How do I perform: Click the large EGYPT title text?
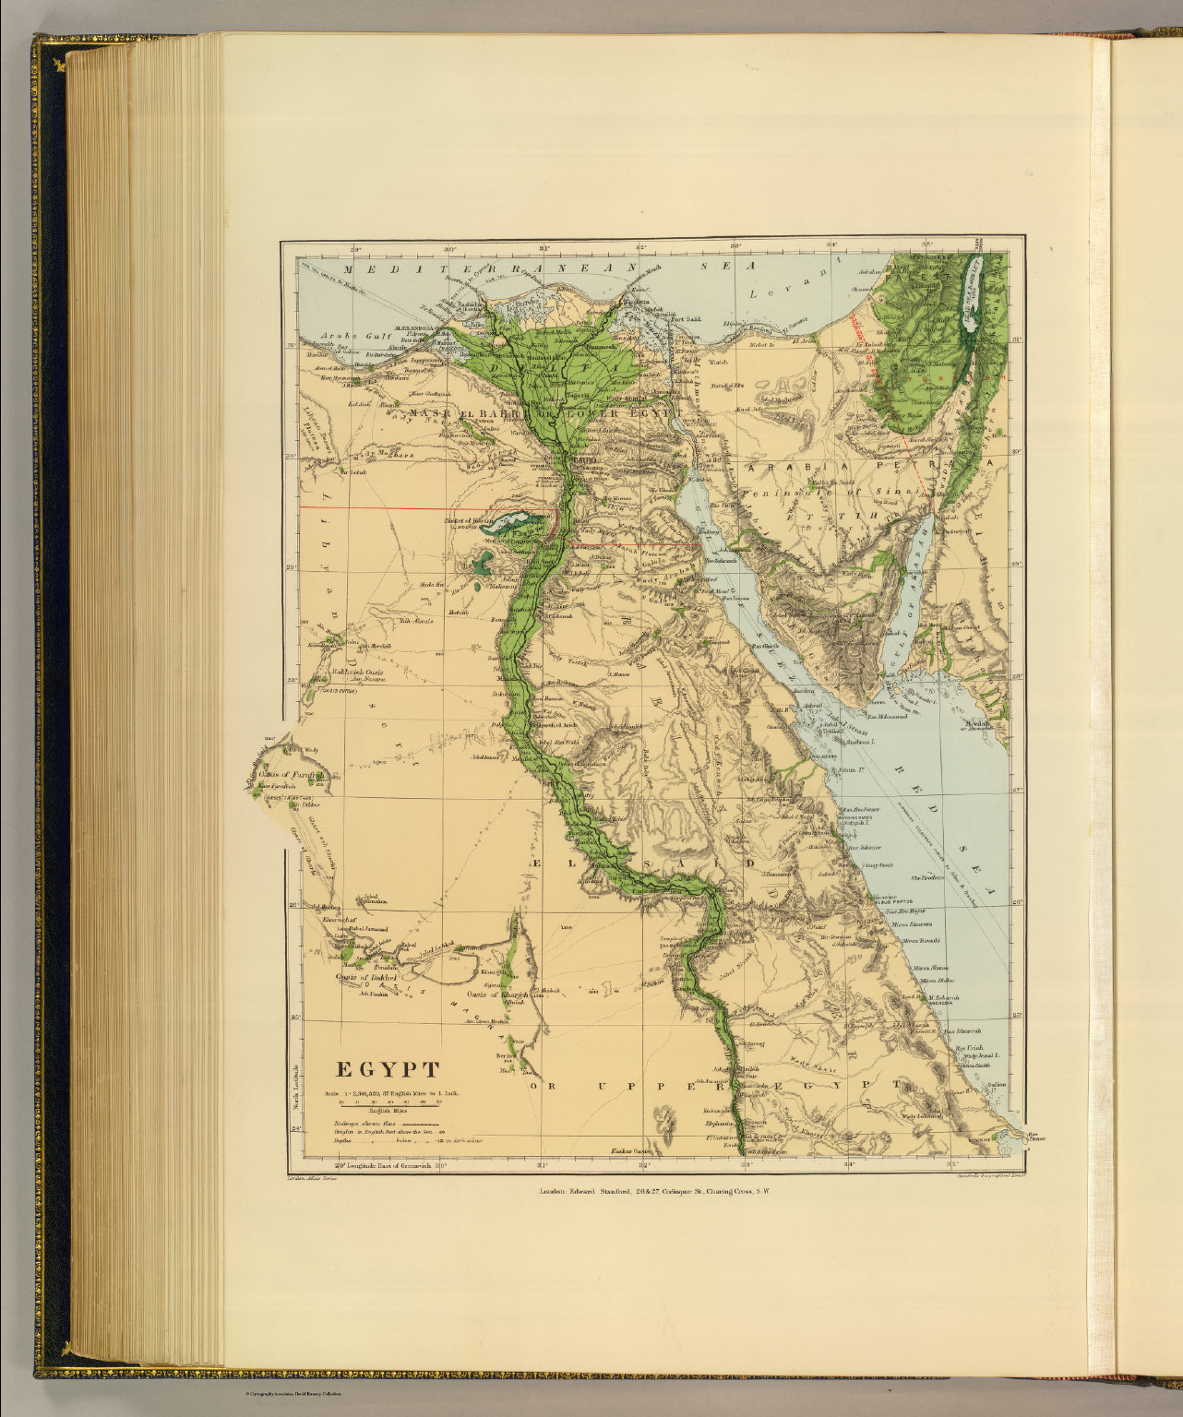pos(387,1070)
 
